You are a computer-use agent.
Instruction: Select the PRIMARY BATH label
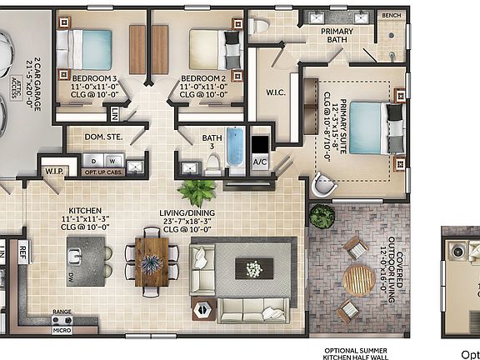[x=325, y=35]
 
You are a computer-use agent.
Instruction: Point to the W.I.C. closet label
[x=277, y=92]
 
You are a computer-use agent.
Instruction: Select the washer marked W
[x=113, y=159]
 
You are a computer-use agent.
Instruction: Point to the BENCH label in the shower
[x=390, y=16]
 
